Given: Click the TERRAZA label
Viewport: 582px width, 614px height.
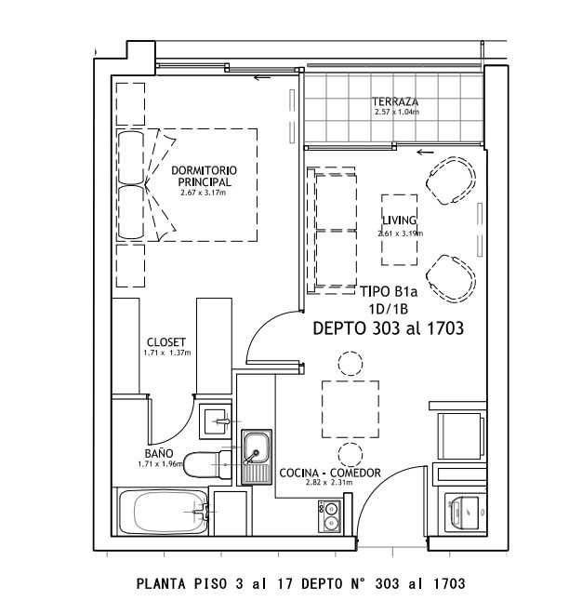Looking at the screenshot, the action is point(395,101).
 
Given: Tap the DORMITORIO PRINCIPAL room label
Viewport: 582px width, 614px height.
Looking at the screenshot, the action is point(204,176).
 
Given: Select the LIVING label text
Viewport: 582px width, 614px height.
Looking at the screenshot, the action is point(399,220).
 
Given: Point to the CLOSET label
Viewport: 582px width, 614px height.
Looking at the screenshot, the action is point(166,341).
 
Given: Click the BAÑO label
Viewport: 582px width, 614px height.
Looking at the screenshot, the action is point(159,453).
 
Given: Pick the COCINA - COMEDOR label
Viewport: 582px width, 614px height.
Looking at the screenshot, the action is point(330,473).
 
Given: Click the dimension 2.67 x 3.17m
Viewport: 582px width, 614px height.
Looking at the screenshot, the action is point(203,193).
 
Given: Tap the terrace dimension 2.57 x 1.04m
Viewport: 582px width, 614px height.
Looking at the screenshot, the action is point(397,112).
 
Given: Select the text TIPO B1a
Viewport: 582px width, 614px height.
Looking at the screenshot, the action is point(389,291).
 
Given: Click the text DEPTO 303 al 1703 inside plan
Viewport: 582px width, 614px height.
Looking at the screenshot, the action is point(389,328).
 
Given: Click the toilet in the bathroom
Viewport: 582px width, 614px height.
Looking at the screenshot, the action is point(207,464).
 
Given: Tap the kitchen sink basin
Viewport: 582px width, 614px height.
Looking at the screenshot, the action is point(257,447).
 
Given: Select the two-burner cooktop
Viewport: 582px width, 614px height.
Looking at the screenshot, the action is point(329,516).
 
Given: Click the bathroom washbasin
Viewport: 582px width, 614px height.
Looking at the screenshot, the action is point(216,421).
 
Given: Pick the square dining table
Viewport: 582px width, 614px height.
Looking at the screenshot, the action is point(351,409).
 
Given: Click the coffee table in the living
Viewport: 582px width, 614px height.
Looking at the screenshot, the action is point(399,230).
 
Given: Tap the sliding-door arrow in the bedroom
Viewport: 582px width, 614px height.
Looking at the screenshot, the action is point(262,77).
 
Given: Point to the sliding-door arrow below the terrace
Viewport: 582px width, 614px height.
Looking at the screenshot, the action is point(426,152).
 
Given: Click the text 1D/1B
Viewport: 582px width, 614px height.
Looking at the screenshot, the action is point(389,310).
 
